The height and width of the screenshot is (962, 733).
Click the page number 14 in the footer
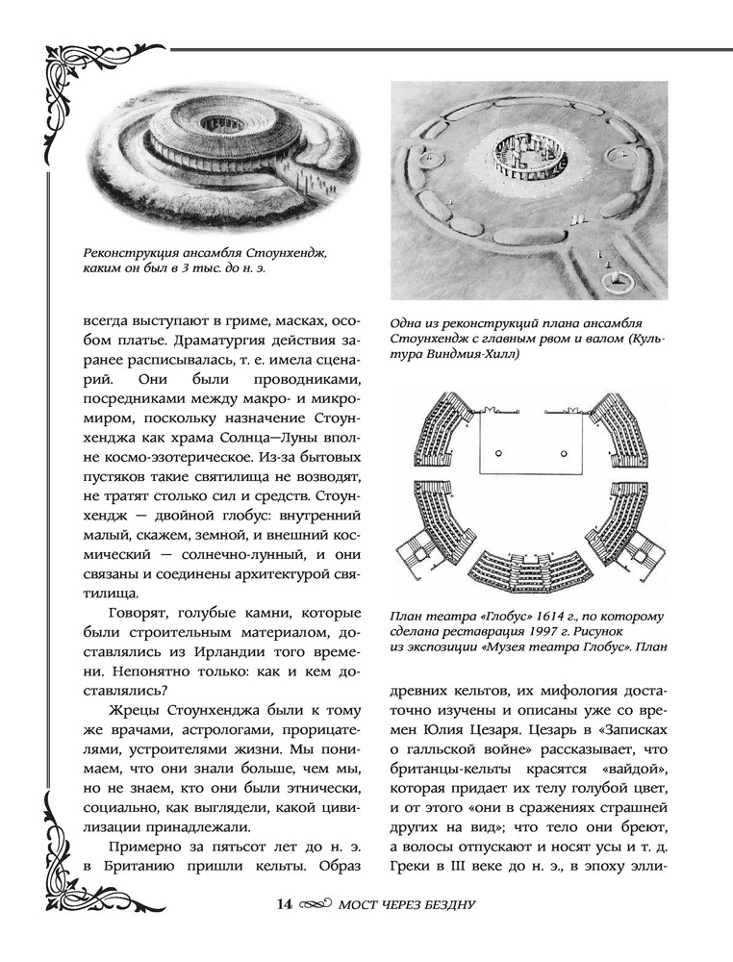coord(284,904)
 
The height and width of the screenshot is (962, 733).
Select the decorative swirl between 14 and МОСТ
coord(313,905)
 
